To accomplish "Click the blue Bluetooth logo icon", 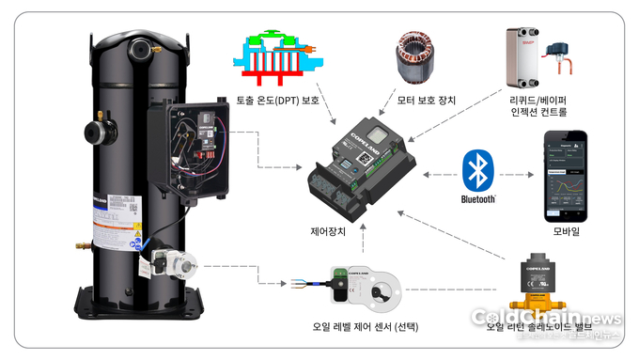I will click(x=478, y=167).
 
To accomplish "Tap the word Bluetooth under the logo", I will click(x=478, y=199).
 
